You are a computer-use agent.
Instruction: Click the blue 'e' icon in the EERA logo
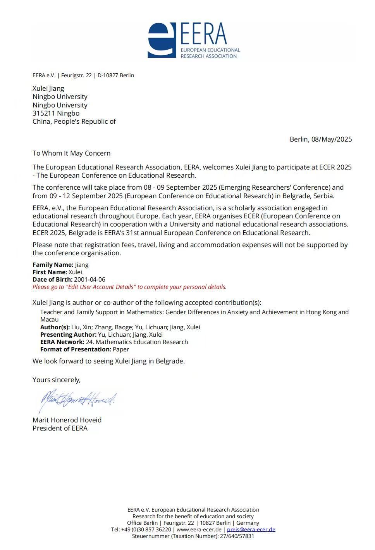tap(162, 40)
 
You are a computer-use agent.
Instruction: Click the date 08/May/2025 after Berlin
tap(332, 139)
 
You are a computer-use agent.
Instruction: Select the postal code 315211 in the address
tap(44, 113)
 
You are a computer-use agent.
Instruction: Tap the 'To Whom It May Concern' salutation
tap(71, 153)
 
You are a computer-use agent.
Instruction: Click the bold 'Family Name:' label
tap(53, 265)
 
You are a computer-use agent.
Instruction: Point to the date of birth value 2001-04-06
tap(89, 280)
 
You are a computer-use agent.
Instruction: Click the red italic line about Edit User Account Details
tap(129, 287)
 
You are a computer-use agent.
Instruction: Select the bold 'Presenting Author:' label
tap(68, 335)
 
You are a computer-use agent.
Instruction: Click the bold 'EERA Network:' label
tap(62, 342)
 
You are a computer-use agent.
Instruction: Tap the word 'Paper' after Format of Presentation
tap(121, 349)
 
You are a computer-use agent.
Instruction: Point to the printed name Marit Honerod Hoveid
tap(67, 420)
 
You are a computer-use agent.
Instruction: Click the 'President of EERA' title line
tap(60, 428)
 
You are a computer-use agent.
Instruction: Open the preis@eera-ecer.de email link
tap(251, 529)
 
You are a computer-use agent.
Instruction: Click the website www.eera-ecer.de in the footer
tap(199, 529)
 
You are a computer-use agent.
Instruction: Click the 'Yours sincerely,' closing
tap(57, 380)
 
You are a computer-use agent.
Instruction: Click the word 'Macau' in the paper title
tap(49, 320)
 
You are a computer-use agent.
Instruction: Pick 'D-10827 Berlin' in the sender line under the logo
tap(116, 75)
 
